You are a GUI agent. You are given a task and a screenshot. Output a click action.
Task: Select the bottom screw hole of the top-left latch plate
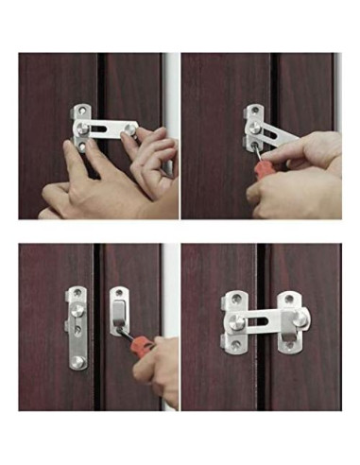(x=85, y=146)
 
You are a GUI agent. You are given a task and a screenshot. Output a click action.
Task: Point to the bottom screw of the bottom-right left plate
(x=234, y=344)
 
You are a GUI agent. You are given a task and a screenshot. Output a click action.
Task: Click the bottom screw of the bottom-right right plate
(x=289, y=344)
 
